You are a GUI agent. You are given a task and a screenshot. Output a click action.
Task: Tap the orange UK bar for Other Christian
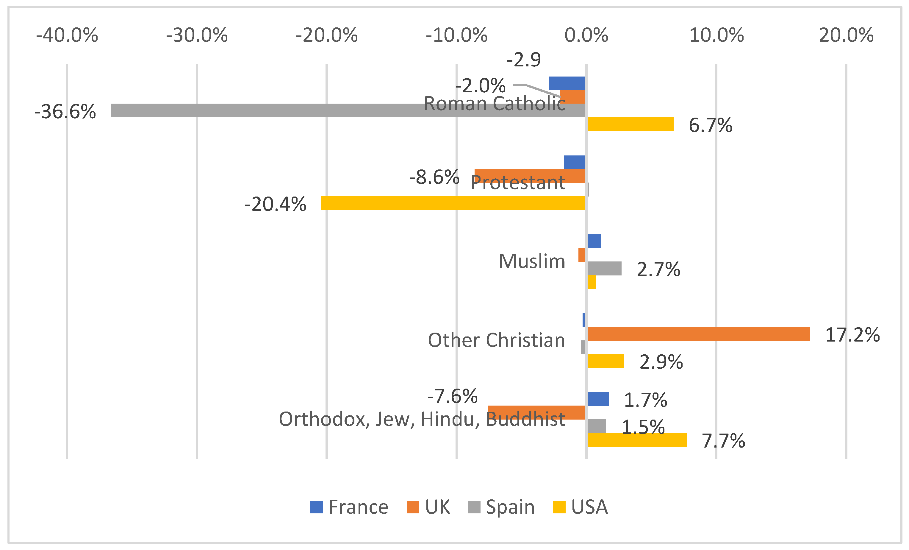tap(698, 334)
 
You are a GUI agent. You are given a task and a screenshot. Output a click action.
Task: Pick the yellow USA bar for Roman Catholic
tap(630, 124)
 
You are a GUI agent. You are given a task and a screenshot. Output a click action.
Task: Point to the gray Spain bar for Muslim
tap(604, 268)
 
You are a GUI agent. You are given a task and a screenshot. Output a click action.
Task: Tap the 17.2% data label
tap(852, 335)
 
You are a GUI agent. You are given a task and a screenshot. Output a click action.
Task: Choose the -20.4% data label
tap(275, 204)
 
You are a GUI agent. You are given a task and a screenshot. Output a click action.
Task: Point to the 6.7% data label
tap(710, 125)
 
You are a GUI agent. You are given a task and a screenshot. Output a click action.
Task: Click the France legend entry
tap(349, 507)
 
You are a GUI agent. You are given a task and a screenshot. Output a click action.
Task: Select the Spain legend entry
tap(501, 507)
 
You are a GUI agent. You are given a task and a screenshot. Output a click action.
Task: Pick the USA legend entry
tap(580, 507)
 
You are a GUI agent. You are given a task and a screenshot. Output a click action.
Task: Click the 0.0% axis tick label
tap(586, 35)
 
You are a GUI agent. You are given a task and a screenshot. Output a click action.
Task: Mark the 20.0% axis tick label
tap(846, 35)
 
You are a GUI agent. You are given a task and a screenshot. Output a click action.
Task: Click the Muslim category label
tap(532, 261)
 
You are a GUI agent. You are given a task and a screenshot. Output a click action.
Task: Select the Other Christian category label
tap(496, 340)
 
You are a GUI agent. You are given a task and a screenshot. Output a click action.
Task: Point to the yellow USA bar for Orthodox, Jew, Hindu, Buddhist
tap(637, 440)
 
